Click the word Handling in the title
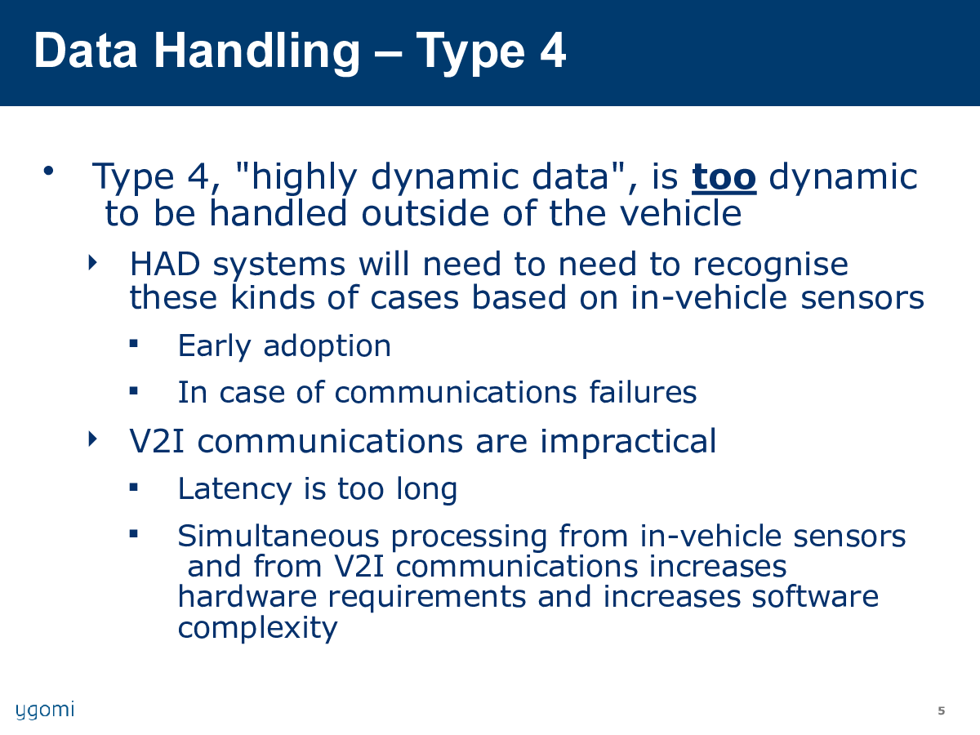[256, 52]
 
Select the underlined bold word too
[724, 177]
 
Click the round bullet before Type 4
[49, 171]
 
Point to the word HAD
[165, 264]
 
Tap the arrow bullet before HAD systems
[92, 262]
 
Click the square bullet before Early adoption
[133, 344]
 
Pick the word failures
[643, 392]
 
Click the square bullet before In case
[133, 391]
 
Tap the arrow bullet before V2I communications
[92, 439]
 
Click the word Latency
[235, 490]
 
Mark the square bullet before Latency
[133, 487]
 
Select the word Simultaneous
[278, 536]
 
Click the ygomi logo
[45, 710]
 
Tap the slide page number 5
[941, 710]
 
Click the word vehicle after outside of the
[681, 213]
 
